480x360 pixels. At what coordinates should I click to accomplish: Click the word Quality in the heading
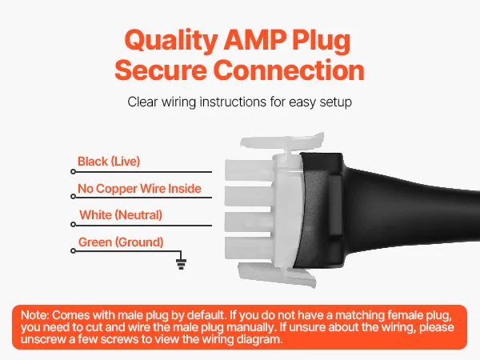(171, 41)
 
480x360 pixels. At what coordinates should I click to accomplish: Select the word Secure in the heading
(161, 70)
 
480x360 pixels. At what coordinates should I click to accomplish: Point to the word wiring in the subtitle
(178, 102)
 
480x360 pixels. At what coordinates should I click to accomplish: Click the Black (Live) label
(109, 162)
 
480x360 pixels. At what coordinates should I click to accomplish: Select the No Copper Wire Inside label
(139, 189)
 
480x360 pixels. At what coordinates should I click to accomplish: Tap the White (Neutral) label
(121, 215)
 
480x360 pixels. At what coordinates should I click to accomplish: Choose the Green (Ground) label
(121, 242)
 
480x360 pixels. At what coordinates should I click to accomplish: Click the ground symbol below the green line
(181, 264)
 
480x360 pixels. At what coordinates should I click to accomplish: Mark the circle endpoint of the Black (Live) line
(73, 172)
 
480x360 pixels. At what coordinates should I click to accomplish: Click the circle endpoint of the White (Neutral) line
(73, 225)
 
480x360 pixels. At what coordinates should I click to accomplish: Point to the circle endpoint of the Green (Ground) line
(73, 251)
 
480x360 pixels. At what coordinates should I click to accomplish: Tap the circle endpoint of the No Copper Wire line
(73, 197)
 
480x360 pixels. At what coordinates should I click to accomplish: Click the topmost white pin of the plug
(249, 170)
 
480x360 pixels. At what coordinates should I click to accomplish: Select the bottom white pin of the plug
(249, 248)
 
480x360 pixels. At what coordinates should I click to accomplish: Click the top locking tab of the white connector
(282, 141)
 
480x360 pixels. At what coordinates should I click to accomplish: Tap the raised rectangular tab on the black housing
(335, 205)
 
